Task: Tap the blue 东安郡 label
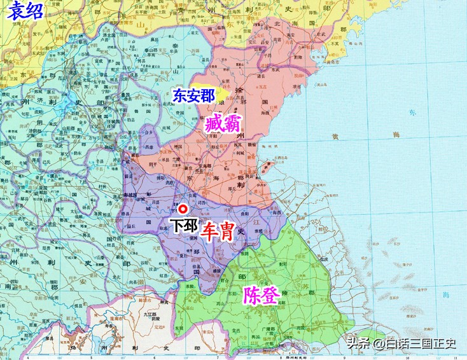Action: click(x=193, y=95)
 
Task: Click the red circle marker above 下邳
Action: click(x=183, y=208)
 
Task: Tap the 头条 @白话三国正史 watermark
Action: click(x=401, y=344)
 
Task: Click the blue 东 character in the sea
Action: click(x=411, y=113)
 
